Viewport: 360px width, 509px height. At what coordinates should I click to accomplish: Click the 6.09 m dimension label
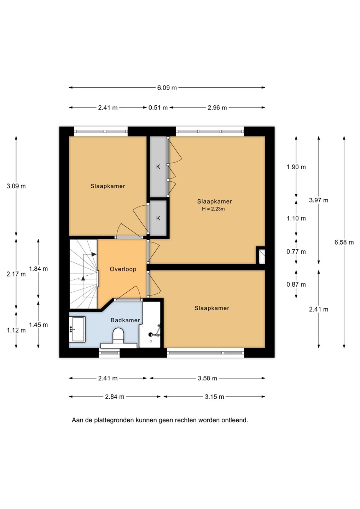pyautogui.click(x=167, y=88)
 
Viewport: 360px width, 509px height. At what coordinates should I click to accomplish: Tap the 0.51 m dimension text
pyautogui.click(x=158, y=108)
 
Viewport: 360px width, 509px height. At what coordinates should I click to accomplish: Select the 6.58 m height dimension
pyautogui.click(x=344, y=242)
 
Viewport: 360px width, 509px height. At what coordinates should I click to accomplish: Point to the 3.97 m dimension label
pyautogui.click(x=319, y=200)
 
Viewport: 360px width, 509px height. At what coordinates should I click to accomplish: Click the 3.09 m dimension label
pyautogui.click(x=16, y=186)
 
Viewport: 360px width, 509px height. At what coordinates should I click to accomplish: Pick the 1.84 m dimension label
pyautogui.click(x=39, y=269)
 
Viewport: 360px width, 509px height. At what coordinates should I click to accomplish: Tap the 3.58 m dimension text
pyautogui.click(x=207, y=378)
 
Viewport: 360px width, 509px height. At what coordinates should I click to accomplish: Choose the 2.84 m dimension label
pyautogui.click(x=115, y=397)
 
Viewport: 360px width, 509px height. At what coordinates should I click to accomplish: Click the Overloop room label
pyautogui.click(x=123, y=269)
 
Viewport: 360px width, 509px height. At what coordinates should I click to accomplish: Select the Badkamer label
pyautogui.click(x=125, y=320)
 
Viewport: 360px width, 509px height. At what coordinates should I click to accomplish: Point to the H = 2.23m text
pyautogui.click(x=213, y=209)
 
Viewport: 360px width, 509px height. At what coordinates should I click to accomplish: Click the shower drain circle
pyautogui.click(x=151, y=341)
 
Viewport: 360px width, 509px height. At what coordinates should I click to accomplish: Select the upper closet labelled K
pyautogui.click(x=158, y=167)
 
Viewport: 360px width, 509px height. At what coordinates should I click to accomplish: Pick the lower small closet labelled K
pyautogui.click(x=158, y=218)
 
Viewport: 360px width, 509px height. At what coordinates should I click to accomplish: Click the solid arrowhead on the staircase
pyautogui.click(x=94, y=254)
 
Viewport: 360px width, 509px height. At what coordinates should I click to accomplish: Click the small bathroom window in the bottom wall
pyautogui.click(x=109, y=353)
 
